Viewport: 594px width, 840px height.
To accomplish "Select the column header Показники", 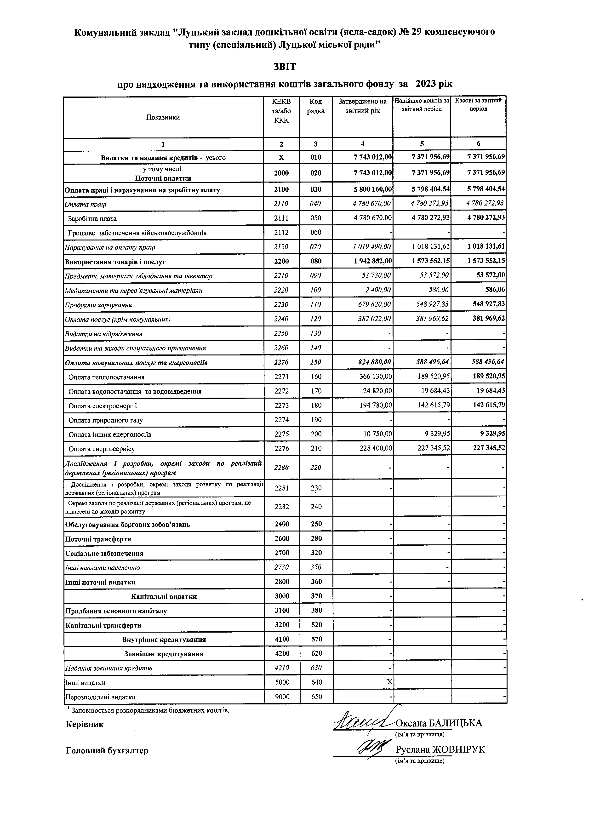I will click(163, 117).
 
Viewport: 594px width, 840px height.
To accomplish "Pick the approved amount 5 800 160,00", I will click(373, 189).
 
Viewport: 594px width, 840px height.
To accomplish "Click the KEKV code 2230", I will click(281, 305).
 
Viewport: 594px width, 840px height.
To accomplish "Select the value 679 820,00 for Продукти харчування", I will click(372, 305).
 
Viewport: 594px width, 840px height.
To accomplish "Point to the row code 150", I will click(316, 362).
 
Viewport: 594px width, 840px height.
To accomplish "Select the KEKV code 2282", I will click(282, 507).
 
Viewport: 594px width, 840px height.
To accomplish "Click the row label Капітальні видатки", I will click(164, 597).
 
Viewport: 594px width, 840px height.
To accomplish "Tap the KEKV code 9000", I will click(282, 697).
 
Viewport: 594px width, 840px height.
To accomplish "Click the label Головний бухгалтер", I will click(107, 751).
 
